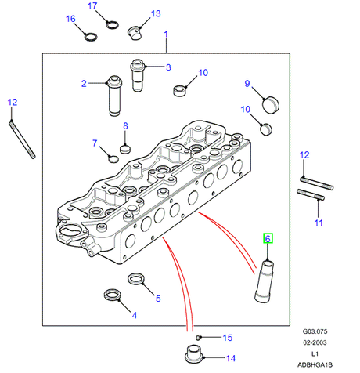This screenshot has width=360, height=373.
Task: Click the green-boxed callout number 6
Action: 268,238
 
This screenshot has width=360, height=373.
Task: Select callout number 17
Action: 92,5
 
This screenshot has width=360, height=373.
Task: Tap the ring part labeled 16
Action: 91,37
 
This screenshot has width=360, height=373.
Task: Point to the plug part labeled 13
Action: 135,33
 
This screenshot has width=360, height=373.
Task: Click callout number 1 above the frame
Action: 166,34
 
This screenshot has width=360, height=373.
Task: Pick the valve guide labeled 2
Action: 114,96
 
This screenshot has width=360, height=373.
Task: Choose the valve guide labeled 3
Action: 137,75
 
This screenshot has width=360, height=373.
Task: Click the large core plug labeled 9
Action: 270,105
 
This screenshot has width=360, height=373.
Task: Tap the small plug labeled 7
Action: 113,159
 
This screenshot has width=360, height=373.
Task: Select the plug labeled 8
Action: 125,149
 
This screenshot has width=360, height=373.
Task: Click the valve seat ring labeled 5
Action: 136,279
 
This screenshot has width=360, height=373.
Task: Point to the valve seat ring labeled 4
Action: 113,295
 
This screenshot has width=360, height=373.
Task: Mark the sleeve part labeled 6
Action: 264,281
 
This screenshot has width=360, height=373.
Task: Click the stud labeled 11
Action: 311,195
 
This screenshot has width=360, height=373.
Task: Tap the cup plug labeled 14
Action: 194,354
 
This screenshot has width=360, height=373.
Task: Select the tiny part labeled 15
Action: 198,338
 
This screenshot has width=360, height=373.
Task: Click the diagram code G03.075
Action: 315,331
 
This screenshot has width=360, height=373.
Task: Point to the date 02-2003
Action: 315,342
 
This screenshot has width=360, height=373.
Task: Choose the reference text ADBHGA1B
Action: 315,364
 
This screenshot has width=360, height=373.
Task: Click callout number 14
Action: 231,358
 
